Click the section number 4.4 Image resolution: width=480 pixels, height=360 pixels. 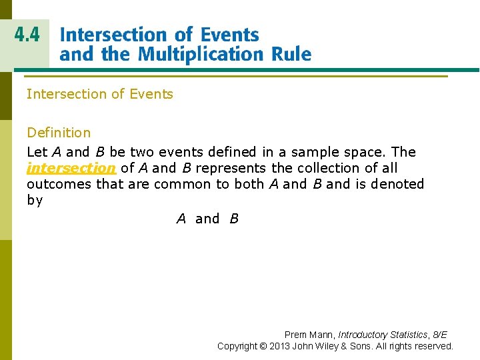tap(27, 35)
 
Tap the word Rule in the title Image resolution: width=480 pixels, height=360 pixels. tap(289, 53)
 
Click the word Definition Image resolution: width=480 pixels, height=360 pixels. tap(59, 133)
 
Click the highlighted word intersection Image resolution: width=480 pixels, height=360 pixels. tap(71, 168)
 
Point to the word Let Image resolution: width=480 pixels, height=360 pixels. tap(37, 151)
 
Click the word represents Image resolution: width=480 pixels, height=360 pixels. tap(231, 168)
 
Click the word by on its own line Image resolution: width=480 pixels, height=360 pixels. tap(35, 200)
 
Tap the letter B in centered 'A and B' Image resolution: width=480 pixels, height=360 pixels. tap(234, 219)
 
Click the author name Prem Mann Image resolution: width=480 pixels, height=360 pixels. tap(309, 335)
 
